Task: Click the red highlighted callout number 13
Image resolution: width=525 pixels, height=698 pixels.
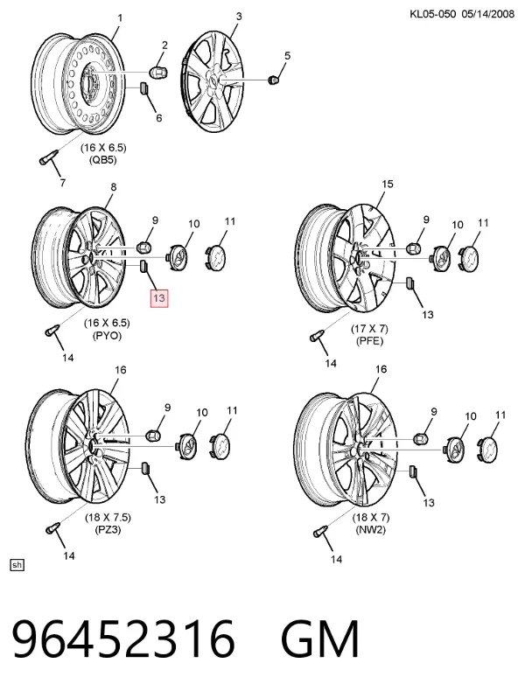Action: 159,297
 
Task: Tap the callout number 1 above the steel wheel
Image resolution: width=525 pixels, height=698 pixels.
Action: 120,18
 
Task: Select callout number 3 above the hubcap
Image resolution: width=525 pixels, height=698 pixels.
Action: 239,17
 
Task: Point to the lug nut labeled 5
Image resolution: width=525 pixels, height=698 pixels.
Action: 272,80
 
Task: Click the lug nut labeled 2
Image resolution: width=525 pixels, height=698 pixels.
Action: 157,71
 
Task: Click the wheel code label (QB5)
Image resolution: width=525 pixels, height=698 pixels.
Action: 103,160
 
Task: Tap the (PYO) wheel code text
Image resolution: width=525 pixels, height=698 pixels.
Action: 107,336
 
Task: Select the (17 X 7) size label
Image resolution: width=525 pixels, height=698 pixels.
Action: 369,329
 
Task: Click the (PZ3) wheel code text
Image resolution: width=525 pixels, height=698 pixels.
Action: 108,530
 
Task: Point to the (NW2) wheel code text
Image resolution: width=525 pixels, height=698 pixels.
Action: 370,530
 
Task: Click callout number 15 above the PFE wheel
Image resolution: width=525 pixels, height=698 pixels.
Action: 388,184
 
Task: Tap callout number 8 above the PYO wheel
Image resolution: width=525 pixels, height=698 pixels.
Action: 113,187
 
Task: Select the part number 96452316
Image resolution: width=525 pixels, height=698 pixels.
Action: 123,639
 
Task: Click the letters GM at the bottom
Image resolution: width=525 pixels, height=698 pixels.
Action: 319,639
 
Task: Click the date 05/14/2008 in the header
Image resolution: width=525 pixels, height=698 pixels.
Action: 488,14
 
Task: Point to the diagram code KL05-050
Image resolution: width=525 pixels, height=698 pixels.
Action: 433,14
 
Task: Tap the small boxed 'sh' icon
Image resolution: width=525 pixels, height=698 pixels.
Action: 17,565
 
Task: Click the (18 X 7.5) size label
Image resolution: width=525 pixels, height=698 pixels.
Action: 108,517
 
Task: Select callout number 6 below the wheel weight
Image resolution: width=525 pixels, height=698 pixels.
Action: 158,118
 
